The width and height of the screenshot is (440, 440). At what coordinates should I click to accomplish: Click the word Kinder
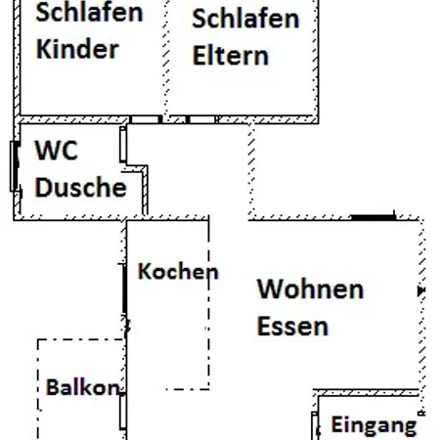click(77, 49)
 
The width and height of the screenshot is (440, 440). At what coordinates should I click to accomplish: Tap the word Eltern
click(231, 55)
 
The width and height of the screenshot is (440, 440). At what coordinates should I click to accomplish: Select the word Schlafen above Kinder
click(89, 13)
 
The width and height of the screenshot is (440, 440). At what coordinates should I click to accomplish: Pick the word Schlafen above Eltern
click(245, 19)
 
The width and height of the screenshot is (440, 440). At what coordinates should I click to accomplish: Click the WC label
click(57, 151)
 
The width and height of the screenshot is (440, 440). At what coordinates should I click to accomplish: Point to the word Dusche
click(80, 187)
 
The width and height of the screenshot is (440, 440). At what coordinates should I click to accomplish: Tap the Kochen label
click(178, 271)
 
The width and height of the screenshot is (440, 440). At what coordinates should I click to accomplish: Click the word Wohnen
click(310, 288)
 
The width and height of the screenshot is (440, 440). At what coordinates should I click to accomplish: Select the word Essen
click(292, 326)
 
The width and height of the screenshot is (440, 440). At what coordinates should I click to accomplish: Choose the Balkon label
click(83, 387)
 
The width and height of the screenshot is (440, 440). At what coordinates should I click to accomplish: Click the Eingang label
click(374, 425)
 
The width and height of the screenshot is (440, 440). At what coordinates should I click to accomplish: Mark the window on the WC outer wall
click(14, 166)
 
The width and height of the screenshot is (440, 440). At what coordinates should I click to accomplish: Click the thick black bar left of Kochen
click(124, 288)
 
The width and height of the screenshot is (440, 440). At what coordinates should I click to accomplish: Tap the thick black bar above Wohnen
click(374, 217)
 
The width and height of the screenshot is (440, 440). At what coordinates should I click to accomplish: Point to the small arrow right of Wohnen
click(421, 290)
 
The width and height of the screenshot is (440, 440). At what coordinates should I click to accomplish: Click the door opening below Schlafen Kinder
click(145, 119)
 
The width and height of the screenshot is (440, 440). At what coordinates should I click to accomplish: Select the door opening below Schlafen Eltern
click(202, 119)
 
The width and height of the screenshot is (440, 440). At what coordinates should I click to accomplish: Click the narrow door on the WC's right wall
click(123, 145)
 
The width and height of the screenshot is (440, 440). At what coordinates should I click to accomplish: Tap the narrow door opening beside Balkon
click(123, 412)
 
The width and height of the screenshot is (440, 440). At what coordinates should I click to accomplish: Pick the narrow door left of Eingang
click(315, 426)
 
